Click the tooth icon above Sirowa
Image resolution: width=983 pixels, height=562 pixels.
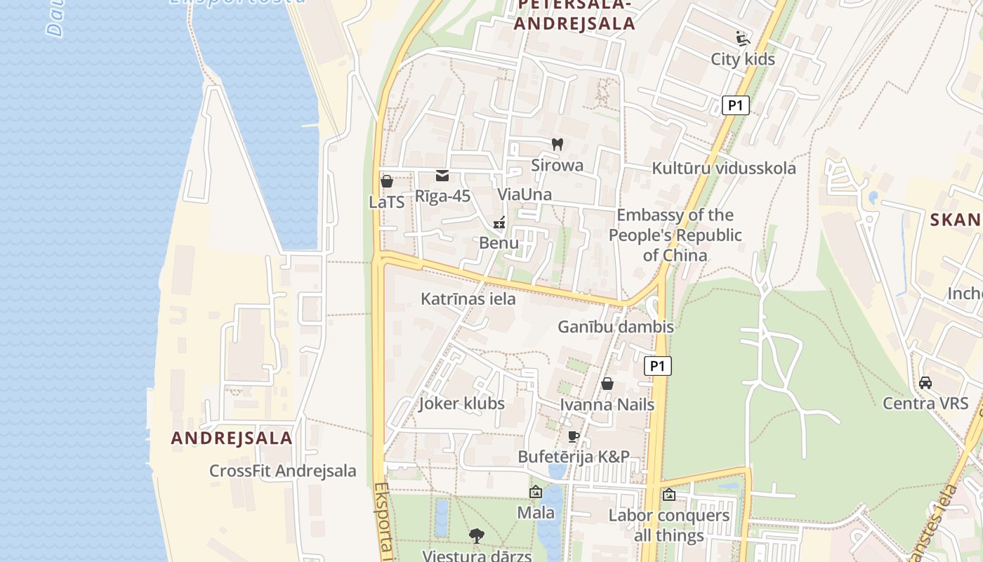coord(558,145)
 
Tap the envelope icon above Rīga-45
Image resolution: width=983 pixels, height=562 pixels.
coord(442,176)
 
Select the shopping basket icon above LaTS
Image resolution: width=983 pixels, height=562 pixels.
coord(386,181)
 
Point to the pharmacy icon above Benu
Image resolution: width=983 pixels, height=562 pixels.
coord(499,223)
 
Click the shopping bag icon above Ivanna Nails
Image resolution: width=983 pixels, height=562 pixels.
coord(607,384)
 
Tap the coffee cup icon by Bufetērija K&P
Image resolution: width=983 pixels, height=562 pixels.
coord(574,436)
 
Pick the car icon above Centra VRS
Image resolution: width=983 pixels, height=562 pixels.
coord(925,383)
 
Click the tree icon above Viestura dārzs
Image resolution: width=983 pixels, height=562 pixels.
coord(477,536)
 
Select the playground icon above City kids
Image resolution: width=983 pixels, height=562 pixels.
coord(743,38)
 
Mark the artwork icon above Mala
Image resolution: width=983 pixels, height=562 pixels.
coord(536,492)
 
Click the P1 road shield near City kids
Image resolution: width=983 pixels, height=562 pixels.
coord(735,105)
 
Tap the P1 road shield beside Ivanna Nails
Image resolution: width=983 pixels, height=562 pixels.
coord(657,365)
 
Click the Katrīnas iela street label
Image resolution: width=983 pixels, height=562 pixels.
coord(468,299)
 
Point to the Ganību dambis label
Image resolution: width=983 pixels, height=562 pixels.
coord(615,327)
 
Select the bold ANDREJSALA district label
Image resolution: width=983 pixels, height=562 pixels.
coord(232,438)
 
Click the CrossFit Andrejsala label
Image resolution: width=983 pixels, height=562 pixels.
coord(282,471)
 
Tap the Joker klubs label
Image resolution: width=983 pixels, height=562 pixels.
coord(461,403)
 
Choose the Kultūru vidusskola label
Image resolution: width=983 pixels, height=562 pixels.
coord(723,168)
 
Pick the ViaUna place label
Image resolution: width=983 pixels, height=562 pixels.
coord(525,194)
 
